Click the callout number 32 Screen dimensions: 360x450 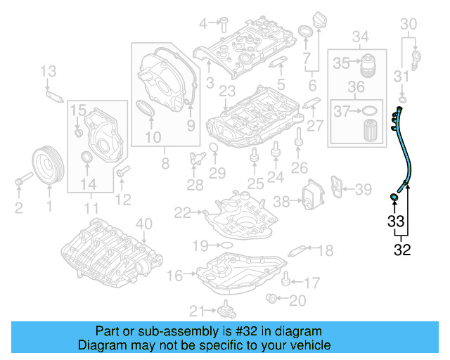(402, 249)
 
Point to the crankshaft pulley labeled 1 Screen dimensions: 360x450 (49, 165)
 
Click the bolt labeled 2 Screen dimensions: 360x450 (18, 184)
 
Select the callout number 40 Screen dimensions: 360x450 (143, 224)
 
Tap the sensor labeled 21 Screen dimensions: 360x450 (227, 309)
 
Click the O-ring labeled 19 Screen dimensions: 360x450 (226, 245)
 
